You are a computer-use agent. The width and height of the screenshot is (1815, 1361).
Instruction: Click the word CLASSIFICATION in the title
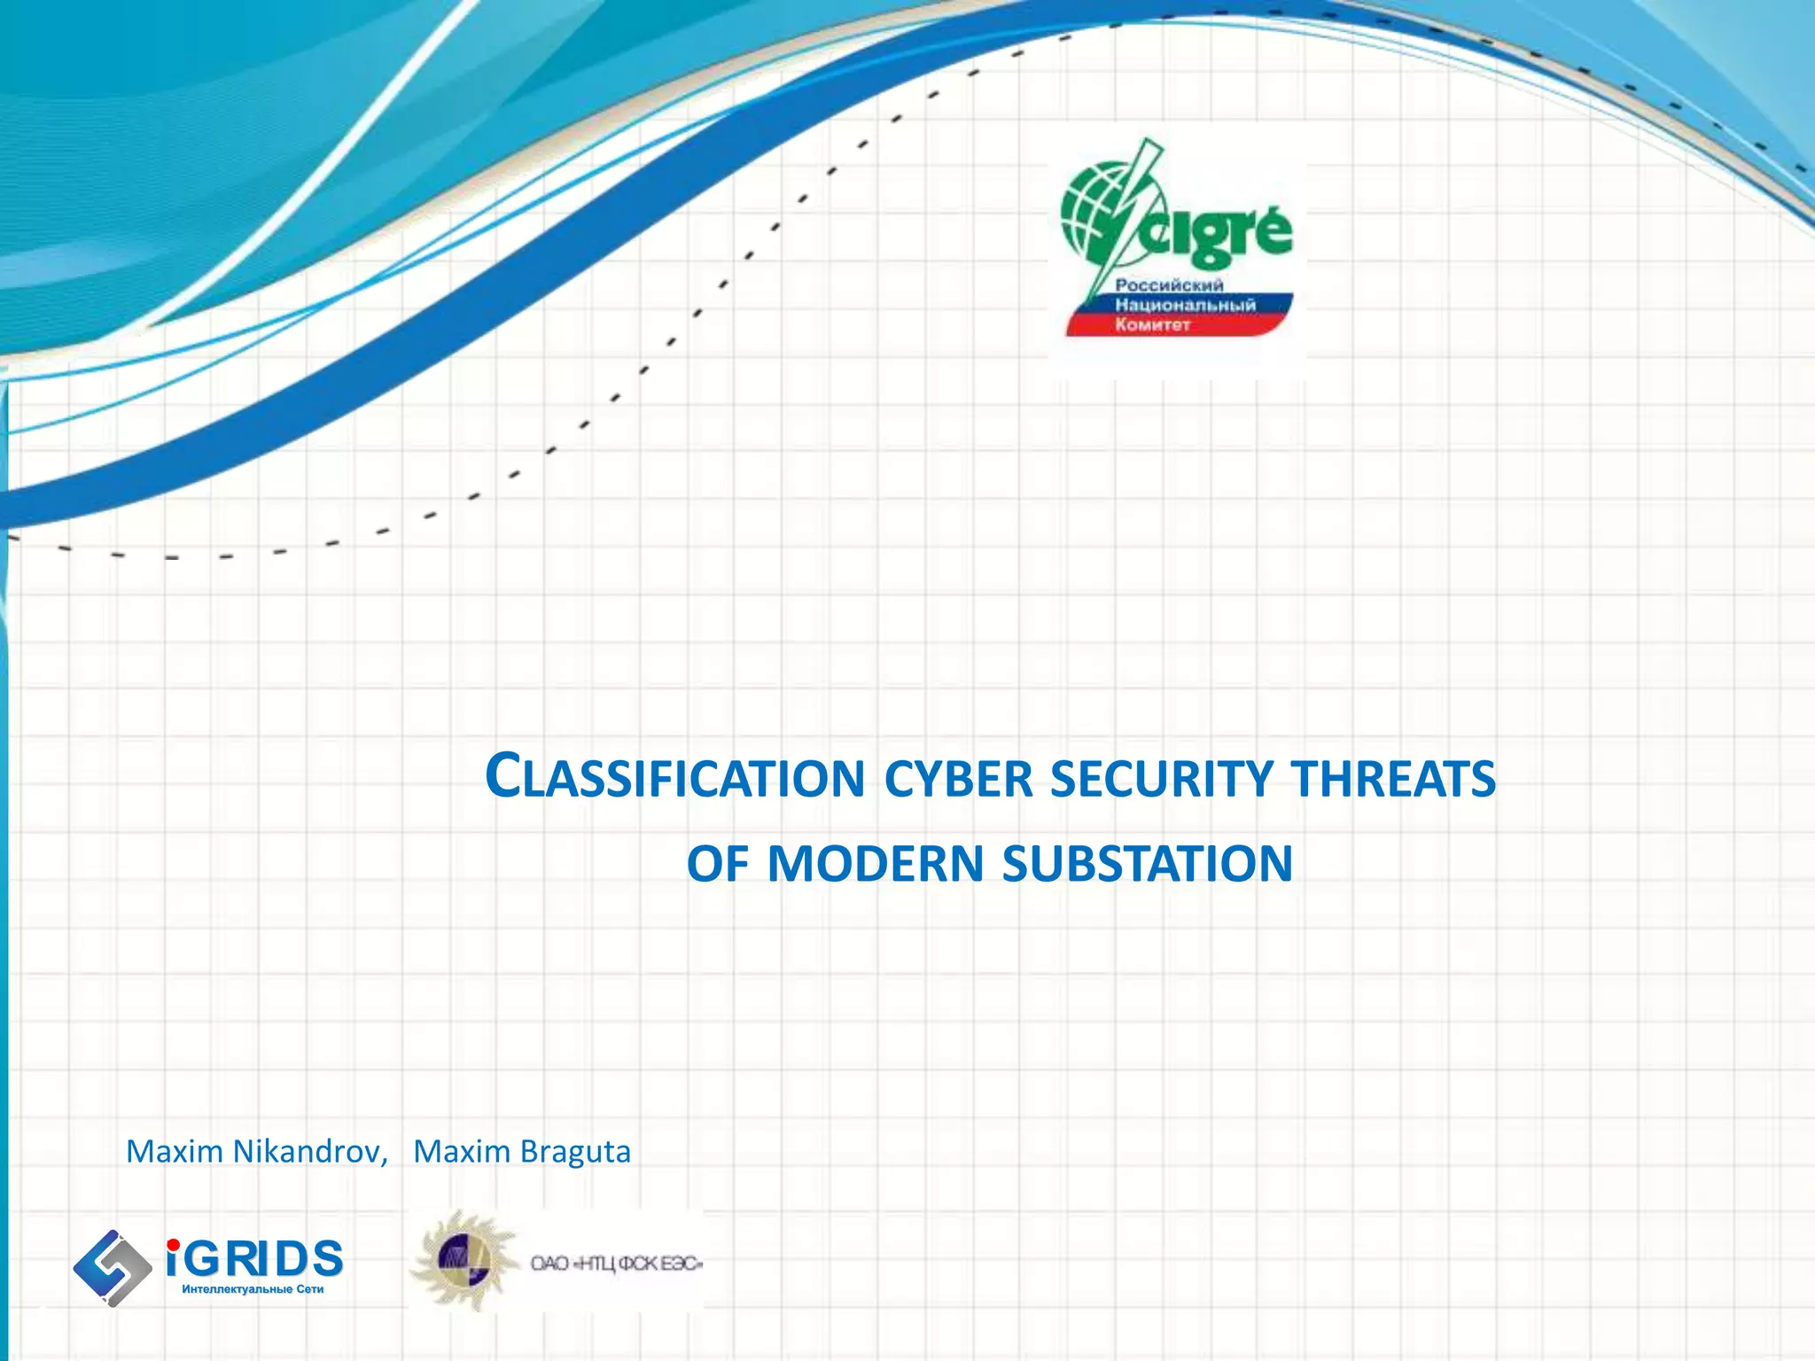[675, 778]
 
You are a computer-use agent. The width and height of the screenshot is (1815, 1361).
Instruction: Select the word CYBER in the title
[959, 780]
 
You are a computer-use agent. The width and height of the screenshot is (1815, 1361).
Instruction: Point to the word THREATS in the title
[1393, 780]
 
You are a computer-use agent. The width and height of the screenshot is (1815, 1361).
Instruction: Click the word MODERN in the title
[876, 864]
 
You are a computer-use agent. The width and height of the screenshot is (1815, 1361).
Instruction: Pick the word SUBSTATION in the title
[1148, 864]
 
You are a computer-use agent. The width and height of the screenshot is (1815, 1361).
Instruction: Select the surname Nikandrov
[309, 1151]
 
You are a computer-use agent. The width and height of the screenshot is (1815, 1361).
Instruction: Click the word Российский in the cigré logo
[1168, 284]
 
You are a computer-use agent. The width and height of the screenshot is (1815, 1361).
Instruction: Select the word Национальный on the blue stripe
[1185, 305]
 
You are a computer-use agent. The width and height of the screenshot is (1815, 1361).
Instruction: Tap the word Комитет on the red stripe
[1152, 325]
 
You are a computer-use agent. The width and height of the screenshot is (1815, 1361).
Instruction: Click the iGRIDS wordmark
[254, 1258]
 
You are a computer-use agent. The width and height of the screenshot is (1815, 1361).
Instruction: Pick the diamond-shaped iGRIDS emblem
[112, 1267]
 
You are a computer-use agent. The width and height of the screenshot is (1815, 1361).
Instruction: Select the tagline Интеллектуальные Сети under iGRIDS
[253, 1289]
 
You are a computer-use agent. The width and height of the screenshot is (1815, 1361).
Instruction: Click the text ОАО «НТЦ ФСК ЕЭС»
[616, 1264]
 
